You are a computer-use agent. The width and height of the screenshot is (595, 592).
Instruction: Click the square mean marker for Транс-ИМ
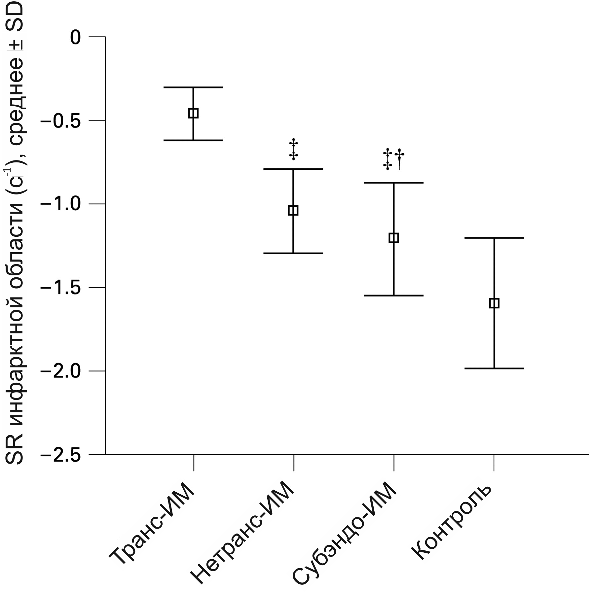(193, 113)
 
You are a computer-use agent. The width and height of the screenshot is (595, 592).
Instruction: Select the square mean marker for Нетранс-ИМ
(293, 210)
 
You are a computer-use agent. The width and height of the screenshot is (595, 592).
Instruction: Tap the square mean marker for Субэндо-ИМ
(393, 238)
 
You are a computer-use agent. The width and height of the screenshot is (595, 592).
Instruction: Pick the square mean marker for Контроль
(494, 303)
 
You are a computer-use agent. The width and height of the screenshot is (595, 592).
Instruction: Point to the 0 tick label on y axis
(76, 38)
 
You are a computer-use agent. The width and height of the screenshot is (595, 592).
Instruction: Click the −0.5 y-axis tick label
(60, 121)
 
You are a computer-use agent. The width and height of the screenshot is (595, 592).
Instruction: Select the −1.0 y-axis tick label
(60, 204)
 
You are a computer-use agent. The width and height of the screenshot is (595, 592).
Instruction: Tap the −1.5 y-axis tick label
(60, 288)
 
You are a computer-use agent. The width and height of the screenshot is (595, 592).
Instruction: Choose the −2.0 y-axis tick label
(60, 371)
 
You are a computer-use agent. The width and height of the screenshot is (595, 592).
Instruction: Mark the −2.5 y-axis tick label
(60, 455)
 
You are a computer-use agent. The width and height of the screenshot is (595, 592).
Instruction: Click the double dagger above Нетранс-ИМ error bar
(293, 150)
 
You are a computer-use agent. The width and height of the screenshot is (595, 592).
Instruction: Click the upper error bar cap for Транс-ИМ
(193, 87)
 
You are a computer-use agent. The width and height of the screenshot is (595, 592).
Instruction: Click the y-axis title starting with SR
(15, 231)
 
